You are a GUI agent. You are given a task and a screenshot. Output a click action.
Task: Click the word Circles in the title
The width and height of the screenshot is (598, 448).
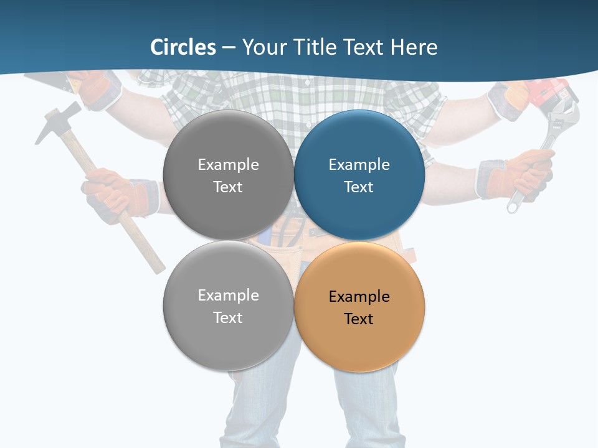(183, 47)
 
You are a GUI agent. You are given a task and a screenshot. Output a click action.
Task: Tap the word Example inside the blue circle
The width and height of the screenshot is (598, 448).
(359, 165)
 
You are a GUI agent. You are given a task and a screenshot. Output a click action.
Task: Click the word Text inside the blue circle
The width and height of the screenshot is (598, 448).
(359, 187)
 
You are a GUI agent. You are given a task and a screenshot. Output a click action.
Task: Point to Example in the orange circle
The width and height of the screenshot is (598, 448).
(359, 297)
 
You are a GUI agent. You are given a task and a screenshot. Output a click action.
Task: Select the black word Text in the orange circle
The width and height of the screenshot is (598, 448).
(359, 319)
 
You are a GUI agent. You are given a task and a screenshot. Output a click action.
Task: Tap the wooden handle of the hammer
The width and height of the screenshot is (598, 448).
(134, 230)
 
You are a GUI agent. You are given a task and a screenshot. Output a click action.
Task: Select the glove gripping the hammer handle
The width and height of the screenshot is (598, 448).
(115, 193)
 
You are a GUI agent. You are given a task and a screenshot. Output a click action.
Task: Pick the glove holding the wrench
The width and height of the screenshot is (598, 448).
(520, 174)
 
